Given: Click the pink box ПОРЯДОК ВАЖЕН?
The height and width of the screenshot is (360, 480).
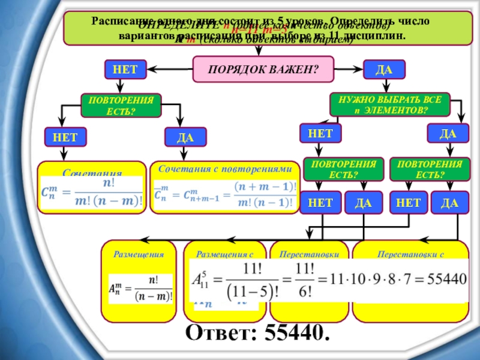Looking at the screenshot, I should click(263, 69).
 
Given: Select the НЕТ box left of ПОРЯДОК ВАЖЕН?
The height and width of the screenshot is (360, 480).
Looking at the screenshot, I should click(125, 69).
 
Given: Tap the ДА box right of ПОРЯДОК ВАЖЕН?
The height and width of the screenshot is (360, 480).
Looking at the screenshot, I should click(384, 69).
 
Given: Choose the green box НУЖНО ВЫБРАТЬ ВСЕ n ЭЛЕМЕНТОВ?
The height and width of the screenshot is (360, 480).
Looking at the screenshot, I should click(389, 105).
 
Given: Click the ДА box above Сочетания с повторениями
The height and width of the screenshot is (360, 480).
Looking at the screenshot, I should click(185, 137).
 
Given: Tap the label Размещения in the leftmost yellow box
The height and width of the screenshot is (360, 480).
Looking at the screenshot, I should click(139, 254).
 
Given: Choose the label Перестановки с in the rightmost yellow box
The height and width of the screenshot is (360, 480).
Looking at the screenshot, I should click(410, 254).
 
